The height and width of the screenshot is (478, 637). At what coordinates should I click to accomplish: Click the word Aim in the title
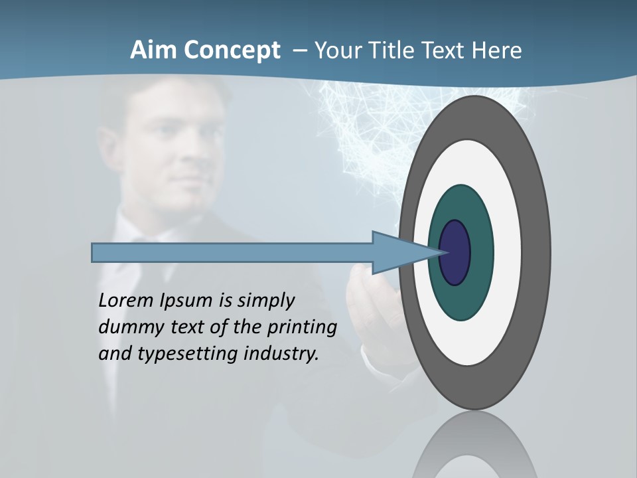coord(154,50)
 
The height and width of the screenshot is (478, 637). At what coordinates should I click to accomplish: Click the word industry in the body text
coord(281,354)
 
